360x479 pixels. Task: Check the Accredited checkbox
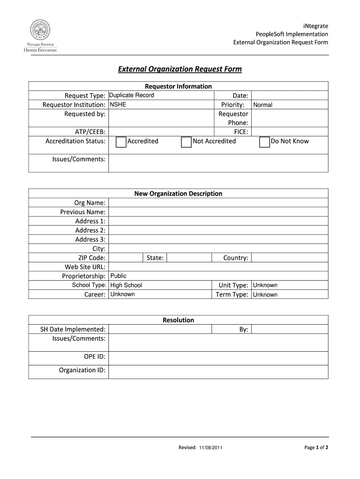[121, 142]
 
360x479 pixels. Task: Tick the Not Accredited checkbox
[187, 142]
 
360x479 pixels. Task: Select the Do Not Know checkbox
[265, 142]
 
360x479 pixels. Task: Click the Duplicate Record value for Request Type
[131, 95]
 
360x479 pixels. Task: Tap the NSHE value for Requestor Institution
[118, 104]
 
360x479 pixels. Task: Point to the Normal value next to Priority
[262, 105]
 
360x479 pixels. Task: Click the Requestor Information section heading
[178, 86]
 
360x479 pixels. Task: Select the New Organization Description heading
[178, 194]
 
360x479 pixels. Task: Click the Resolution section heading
[178, 320]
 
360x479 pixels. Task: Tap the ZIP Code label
[92, 258]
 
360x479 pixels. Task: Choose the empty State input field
[188, 258]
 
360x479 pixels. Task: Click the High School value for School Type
[126, 285]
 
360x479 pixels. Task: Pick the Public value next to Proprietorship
[118, 276]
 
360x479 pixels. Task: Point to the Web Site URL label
[85, 267]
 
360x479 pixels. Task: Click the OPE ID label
[94, 356]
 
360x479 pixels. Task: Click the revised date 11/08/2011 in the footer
[210, 448]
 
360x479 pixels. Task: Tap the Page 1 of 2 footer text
[316, 448]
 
